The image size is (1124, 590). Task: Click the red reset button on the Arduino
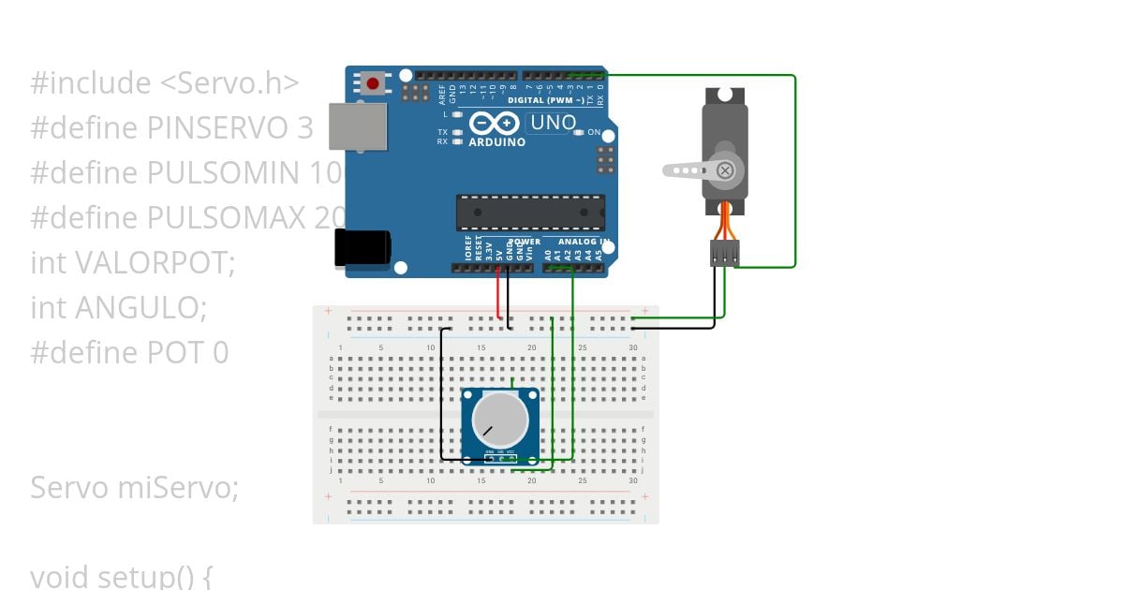tap(373, 84)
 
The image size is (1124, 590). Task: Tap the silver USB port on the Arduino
tap(357, 126)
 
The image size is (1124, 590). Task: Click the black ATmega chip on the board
tap(530, 213)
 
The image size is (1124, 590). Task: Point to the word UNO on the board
tap(553, 123)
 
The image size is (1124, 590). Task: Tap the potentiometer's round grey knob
tap(499, 419)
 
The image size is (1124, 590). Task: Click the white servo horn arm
tap(691, 170)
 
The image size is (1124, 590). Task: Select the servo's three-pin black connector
tap(724, 252)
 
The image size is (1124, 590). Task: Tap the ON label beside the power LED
tap(594, 133)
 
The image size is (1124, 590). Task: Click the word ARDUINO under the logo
tap(497, 142)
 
